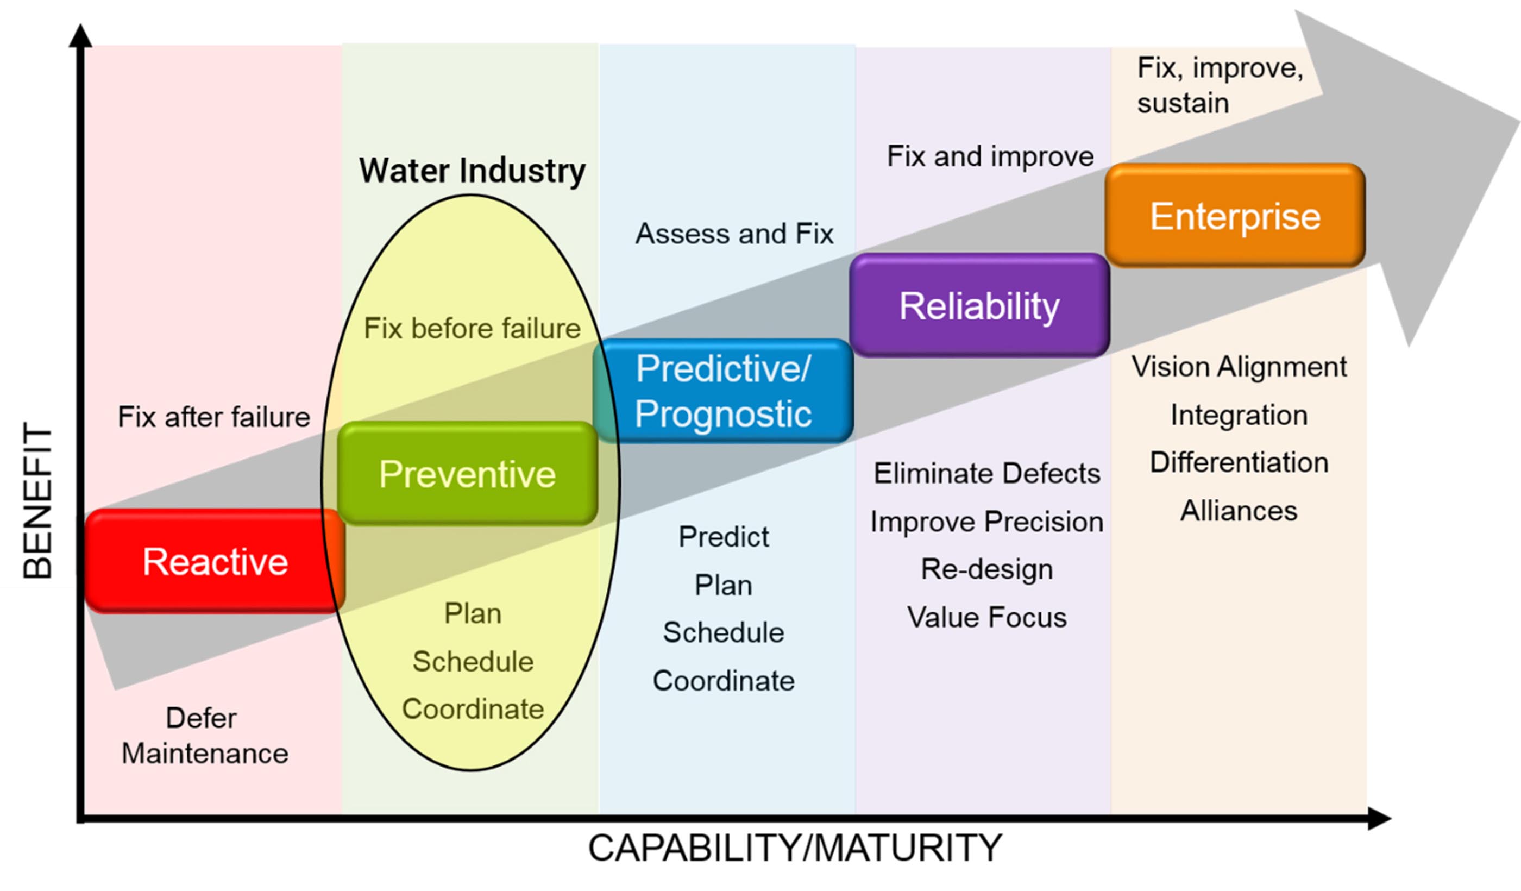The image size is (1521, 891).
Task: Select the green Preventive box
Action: tap(467, 474)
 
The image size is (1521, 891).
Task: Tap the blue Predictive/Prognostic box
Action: tap(723, 391)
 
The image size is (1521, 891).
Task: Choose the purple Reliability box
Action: tap(979, 305)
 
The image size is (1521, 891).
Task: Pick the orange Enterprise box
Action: tap(1235, 216)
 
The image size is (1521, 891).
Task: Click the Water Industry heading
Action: tap(472, 171)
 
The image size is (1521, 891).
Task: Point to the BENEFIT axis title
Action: tap(37, 501)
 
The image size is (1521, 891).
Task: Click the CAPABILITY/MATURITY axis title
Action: tap(795, 848)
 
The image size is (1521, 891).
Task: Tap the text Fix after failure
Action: tap(213, 417)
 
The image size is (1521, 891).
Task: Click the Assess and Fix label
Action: tap(734, 234)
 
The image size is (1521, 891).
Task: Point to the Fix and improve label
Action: tap(990, 156)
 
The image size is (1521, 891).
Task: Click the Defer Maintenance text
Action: tap(204, 736)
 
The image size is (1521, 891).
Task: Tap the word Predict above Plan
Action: tap(724, 537)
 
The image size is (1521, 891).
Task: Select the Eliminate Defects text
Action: tap(987, 474)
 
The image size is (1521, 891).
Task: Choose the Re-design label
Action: tap(987, 569)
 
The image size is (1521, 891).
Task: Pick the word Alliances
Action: tap(1239, 511)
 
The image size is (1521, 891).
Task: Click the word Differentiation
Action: tap(1239, 463)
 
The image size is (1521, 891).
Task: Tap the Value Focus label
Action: tap(987, 618)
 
